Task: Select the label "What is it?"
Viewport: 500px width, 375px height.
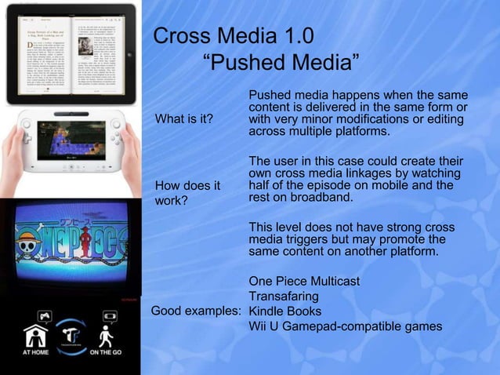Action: (184, 119)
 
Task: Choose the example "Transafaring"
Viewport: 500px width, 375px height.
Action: (283, 297)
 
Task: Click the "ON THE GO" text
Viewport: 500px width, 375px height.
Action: (107, 352)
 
